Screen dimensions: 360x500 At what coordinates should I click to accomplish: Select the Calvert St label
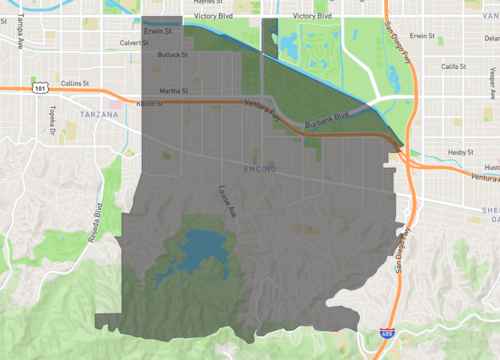pyautogui.click(x=133, y=43)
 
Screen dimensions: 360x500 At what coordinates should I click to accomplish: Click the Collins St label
pyautogui.click(x=75, y=83)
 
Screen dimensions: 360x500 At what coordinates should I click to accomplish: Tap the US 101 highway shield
pyautogui.click(x=38, y=88)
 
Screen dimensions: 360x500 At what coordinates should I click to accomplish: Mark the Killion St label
pyautogui.click(x=149, y=103)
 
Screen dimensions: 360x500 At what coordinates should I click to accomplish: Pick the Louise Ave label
pyautogui.click(x=227, y=201)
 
